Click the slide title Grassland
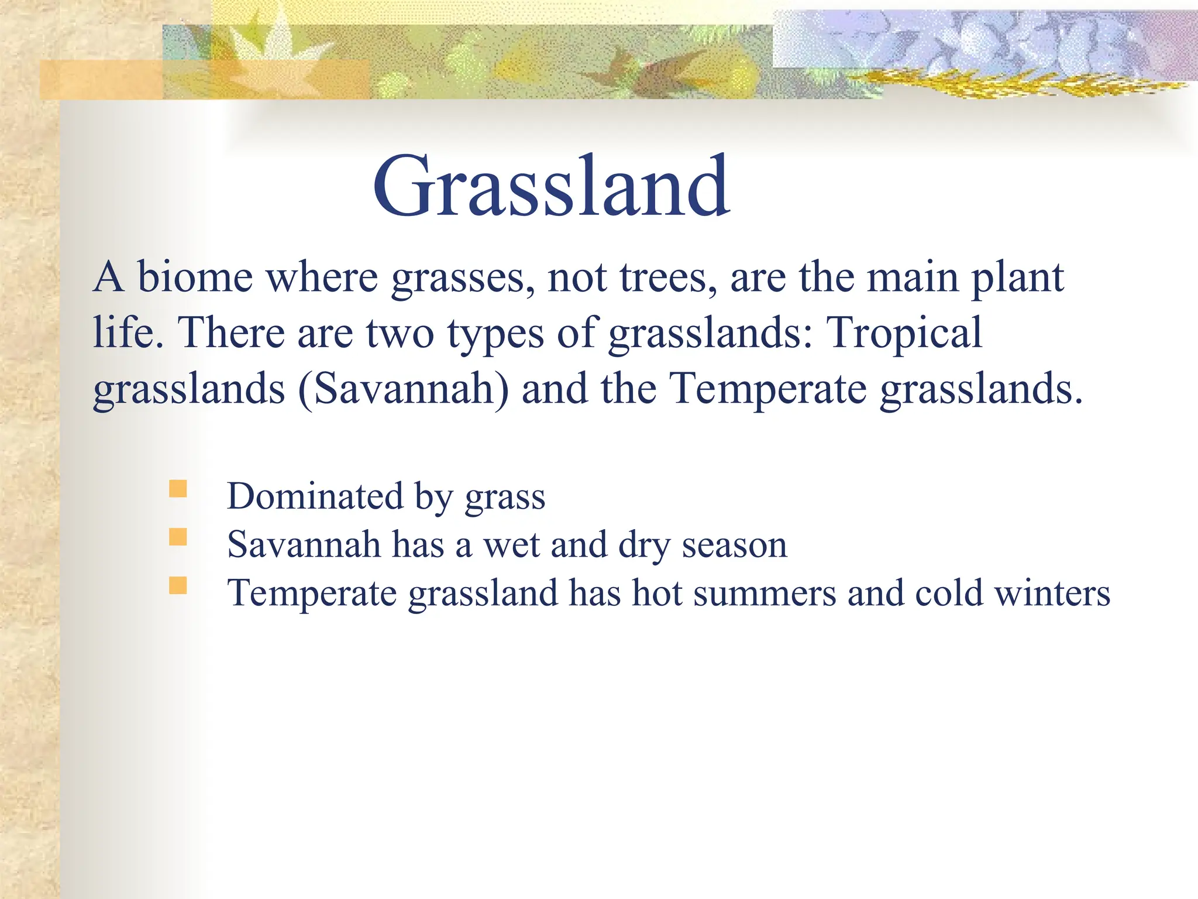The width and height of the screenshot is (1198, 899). [551, 186]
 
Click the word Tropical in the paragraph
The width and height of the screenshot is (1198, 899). [904, 333]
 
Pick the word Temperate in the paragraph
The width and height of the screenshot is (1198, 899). [767, 389]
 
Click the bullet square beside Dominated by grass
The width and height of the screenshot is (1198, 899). [178, 489]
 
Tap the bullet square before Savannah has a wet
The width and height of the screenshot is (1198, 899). [178, 537]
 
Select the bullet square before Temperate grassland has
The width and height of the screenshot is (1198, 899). [178, 586]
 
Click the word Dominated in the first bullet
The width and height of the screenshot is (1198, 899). [315, 496]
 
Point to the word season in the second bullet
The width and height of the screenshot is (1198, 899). [734, 545]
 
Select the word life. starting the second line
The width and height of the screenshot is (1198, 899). [128, 333]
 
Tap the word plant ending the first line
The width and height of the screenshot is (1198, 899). [1017, 278]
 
